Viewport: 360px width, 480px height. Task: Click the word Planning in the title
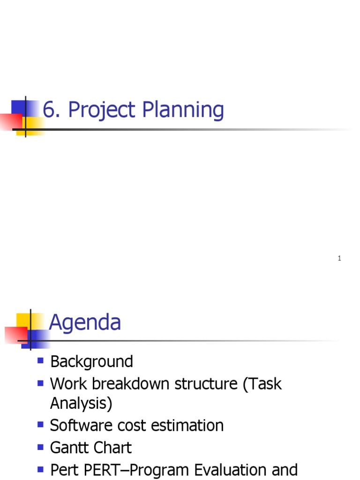(183, 111)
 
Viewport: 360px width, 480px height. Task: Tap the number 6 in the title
(49, 111)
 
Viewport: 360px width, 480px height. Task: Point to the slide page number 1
(339, 258)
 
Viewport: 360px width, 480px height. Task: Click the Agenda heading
(85, 322)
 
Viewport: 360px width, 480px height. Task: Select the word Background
(91, 361)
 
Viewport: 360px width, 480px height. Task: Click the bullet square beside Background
(40, 360)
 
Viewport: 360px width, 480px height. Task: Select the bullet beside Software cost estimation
(40, 424)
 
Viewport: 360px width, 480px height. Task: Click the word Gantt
(69, 448)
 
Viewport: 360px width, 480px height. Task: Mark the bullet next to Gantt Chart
(40, 447)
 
